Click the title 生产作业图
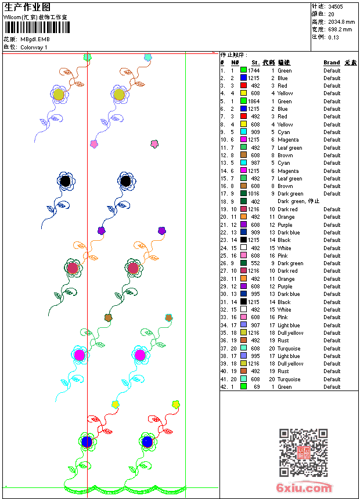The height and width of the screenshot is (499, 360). pyautogui.click(x=27, y=7)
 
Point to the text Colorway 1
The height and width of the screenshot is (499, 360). pyautogui.click(x=34, y=47)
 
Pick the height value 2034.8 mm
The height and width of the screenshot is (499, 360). pyautogui.click(x=341, y=21)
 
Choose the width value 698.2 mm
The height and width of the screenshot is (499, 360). pyautogui.click(x=340, y=29)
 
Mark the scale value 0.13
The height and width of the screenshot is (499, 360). pyautogui.click(x=333, y=37)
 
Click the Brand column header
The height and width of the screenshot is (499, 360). pyautogui.click(x=332, y=63)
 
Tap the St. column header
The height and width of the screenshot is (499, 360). pyautogui.click(x=255, y=63)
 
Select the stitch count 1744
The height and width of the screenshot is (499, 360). pyautogui.click(x=254, y=70)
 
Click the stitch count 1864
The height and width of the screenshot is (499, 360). pyautogui.click(x=254, y=101)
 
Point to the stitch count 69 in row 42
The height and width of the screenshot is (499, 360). pyautogui.click(x=257, y=386)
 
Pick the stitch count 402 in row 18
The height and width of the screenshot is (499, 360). pyautogui.click(x=255, y=201)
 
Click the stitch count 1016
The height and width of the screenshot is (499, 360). pyautogui.click(x=254, y=194)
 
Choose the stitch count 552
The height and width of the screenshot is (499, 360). pyautogui.click(x=255, y=263)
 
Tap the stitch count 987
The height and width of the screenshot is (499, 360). pyautogui.click(x=255, y=163)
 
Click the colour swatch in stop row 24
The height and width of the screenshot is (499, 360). pyautogui.click(x=244, y=248)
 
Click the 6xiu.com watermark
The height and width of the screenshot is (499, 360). pyautogui.click(x=304, y=489)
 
